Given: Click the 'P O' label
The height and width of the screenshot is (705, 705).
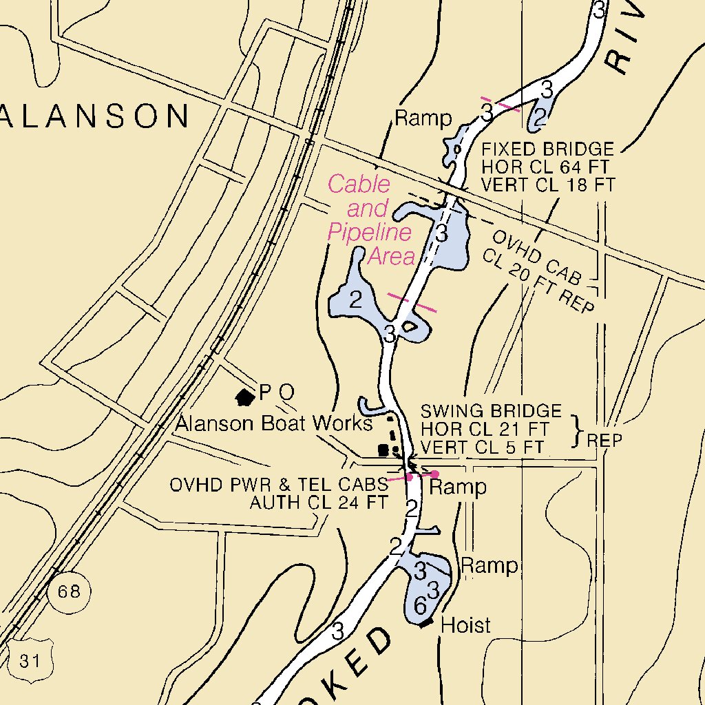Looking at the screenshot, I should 277,392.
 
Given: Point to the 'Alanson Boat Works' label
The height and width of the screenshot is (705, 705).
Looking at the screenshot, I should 273,423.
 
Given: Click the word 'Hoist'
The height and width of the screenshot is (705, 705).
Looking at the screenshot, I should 465,625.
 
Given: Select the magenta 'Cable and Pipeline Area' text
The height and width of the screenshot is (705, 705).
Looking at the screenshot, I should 370,220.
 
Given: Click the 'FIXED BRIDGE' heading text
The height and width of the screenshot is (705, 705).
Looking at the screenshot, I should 547,149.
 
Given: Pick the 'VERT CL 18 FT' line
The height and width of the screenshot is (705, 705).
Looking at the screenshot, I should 547,185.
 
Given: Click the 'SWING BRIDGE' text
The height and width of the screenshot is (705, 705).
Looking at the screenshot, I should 491,412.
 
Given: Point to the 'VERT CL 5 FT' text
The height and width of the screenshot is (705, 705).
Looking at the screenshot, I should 482,447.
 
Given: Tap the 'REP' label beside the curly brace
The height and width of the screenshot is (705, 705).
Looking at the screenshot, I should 604,440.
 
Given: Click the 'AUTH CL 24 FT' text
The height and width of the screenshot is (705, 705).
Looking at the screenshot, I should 318,503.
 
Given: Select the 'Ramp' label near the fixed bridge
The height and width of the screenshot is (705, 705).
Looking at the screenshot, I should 423,119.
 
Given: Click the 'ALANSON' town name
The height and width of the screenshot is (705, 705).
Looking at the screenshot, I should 95,116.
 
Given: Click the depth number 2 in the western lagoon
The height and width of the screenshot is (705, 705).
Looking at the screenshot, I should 355,299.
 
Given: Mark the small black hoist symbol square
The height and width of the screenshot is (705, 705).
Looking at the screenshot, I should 427,622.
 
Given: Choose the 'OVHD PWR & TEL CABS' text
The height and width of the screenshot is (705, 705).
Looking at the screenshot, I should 279,485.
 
